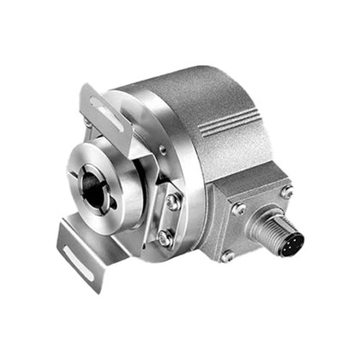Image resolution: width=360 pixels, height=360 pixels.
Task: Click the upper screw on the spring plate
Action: click(173, 201)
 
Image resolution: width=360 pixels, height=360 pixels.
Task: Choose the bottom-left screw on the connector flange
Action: click(227, 255)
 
